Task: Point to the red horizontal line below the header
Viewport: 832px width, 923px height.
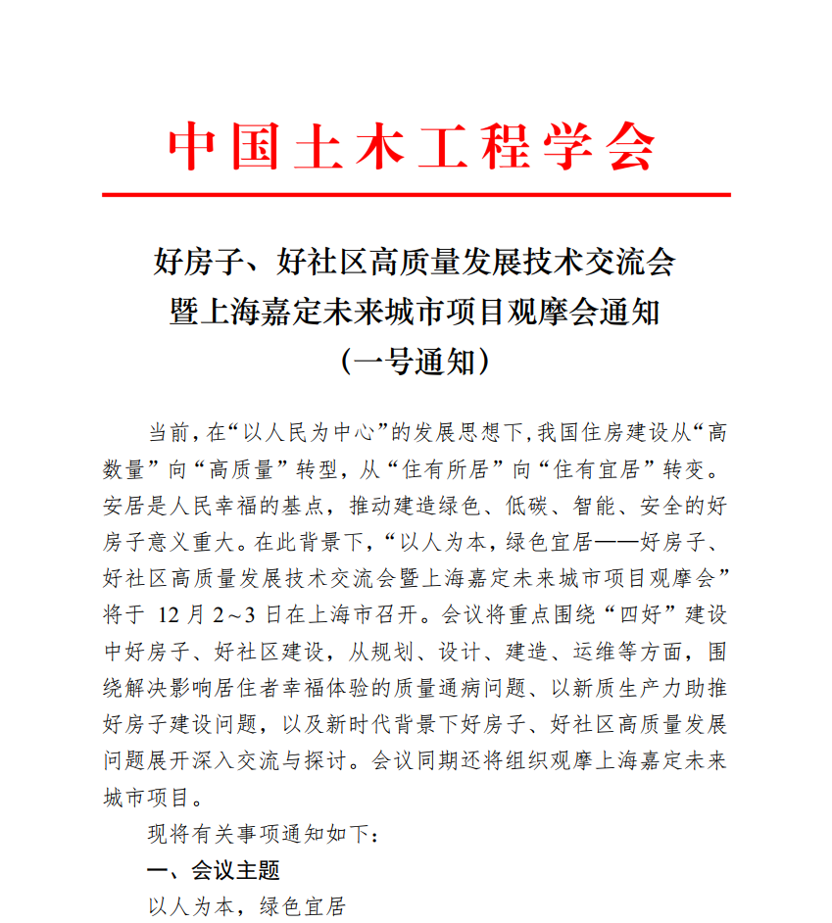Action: point(416,195)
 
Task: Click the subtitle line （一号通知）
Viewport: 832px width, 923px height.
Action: point(415,363)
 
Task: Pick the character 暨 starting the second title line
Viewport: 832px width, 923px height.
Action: point(183,314)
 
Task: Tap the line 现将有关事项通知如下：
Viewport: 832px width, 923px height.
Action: point(261,835)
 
